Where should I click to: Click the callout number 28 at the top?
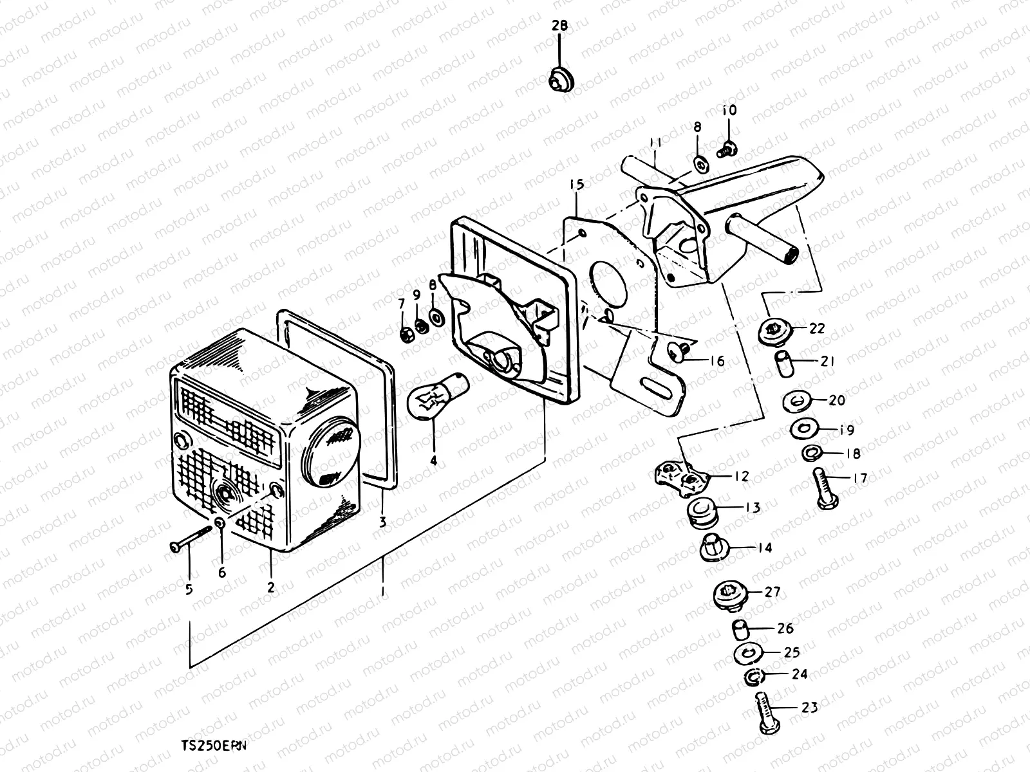pos(559,26)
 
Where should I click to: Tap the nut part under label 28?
pos(561,80)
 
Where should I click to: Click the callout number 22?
pos(816,329)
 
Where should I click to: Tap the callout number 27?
pos(772,592)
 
